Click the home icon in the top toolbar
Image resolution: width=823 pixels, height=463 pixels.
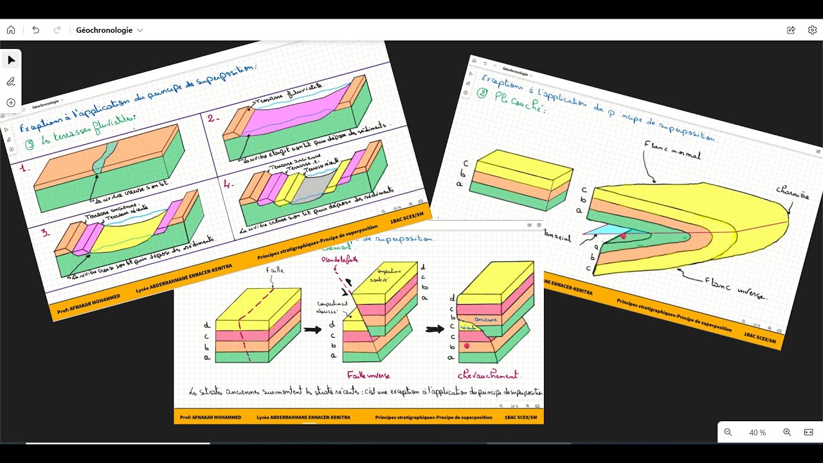pos(11,30)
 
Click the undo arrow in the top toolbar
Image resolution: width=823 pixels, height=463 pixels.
pos(35,30)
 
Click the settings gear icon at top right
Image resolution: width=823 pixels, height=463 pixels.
pos(812,30)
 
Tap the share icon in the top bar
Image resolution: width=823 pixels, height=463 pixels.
pos(791,30)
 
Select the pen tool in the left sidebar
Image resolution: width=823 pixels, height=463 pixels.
pos(11,81)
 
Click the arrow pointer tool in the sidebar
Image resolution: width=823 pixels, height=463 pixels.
pos(11,60)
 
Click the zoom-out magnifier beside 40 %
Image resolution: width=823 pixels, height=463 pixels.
pos(728,432)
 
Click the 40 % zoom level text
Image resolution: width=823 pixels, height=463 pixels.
pos(757,433)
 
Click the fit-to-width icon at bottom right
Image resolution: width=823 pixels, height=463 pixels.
pos(809,432)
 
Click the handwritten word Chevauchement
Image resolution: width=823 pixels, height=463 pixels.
pos(488,374)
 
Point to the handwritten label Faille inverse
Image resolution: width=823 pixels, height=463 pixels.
pos(368,374)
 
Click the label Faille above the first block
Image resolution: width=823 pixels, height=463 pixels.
pos(275,271)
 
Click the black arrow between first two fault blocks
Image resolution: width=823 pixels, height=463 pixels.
pos(313,330)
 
